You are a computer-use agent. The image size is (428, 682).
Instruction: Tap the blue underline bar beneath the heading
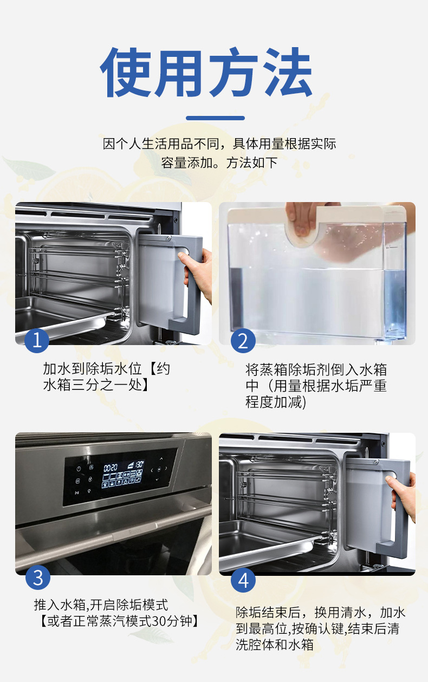(x=215, y=118)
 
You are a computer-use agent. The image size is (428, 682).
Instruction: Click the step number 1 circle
(x=37, y=341)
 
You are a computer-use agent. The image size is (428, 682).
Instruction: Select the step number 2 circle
(x=243, y=341)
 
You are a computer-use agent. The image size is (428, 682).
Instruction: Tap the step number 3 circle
(x=37, y=577)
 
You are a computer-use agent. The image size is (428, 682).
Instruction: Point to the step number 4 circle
(x=243, y=580)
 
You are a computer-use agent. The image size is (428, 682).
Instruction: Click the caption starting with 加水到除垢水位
(x=106, y=377)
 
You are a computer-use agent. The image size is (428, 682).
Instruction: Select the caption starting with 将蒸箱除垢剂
(x=316, y=386)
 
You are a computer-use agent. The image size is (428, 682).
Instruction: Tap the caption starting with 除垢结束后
(x=320, y=628)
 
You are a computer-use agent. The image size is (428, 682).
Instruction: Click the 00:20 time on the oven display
(x=111, y=466)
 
